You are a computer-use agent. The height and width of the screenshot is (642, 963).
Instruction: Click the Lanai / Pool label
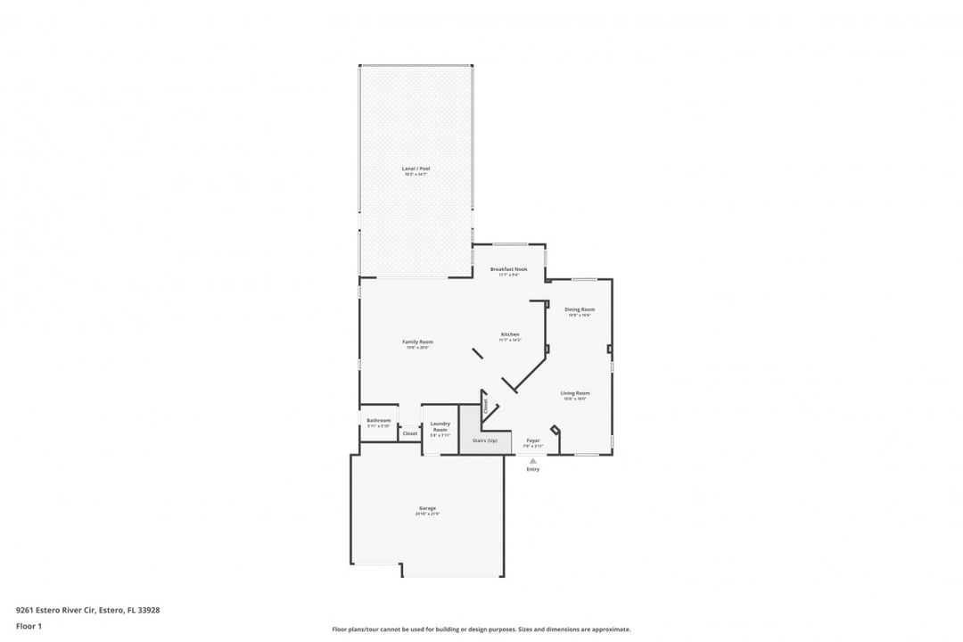416,168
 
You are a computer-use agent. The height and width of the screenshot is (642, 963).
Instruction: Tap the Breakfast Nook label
508,268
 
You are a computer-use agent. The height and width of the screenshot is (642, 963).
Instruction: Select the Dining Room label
580,309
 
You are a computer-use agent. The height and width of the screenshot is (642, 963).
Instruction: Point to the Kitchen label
509,333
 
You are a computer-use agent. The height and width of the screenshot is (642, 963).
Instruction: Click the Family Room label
417,342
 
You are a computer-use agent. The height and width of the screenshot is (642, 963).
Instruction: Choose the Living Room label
574,392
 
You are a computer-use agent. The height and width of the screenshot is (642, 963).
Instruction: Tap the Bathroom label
378,420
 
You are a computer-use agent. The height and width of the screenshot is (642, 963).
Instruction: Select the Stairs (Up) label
486,440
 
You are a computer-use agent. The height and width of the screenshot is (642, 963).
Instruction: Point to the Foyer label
533,440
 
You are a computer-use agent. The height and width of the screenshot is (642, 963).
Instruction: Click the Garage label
427,508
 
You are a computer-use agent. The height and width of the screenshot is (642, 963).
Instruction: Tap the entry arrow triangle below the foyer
533,461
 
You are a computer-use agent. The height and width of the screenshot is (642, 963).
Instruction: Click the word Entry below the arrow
533,469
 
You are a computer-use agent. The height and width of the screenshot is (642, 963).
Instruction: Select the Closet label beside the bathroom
410,433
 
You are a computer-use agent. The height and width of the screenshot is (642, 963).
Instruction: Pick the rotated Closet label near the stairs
485,407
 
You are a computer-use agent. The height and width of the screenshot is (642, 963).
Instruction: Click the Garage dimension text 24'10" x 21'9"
427,514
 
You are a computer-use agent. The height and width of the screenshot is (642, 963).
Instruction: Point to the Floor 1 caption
29,626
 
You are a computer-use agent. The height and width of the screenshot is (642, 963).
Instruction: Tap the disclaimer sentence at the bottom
481,629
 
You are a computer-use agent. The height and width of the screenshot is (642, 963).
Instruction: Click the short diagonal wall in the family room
478,353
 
